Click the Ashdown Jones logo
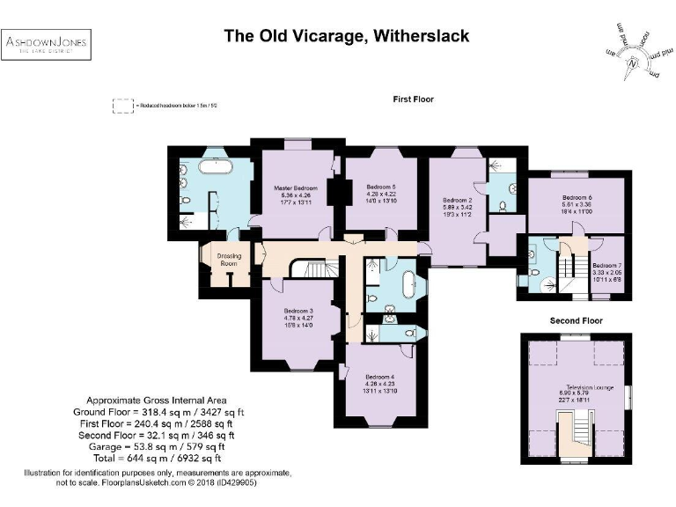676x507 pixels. point(48,46)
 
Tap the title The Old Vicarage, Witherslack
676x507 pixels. point(346,36)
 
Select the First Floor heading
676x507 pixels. point(413,99)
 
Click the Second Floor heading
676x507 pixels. point(577,320)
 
